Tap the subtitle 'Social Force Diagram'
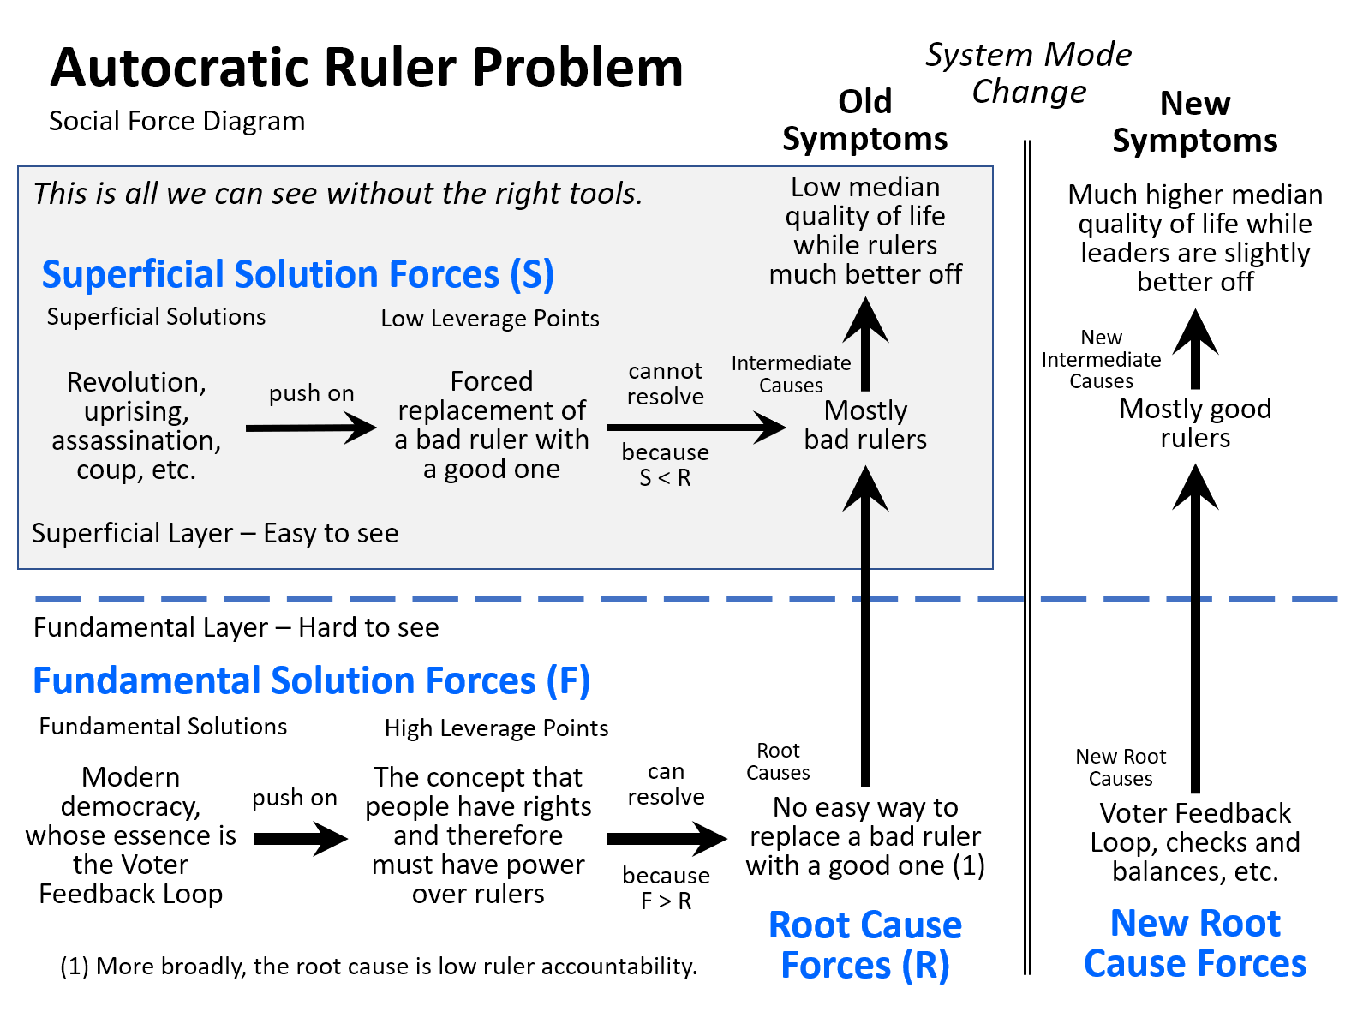pyautogui.click(x=176, y=121)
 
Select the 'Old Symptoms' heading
pyautogui.click(x=864, y=120)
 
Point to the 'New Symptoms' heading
pyautogui.click(x=1194, y=122)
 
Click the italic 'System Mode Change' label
pyautogui.click(x=1028, y=73)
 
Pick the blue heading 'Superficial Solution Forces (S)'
pyautogui.click(x=297, y=274)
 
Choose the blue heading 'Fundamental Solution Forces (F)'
pyautogui.click(x=312, y=681)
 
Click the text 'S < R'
pyautogui.click(x=665, y=478)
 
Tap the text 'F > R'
pyautogui.click(x=666, y=901)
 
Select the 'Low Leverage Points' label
pyautogui.click(x=489, y=319)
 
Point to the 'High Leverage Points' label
pyautogui.click(x=496, y=728)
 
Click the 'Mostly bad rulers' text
pyautogui.click(x=865, y=425)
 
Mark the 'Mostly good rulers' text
pyautogui.click(x=1195, y=423)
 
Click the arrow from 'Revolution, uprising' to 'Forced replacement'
pyautogui.click(x=311, y=428)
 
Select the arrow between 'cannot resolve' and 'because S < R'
pyautogui.click(x=696, y=428)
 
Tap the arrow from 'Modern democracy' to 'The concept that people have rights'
pyautogui.click(x=301, y=838)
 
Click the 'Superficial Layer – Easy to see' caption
pyautogui.click(x=215, y=533)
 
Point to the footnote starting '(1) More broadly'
pyautogui.click(x=379, y=966)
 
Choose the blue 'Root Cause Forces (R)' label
pyautogui.click(x=864, y=945)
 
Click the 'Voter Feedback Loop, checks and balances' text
pyautogui.click(x=1195, y=842)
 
